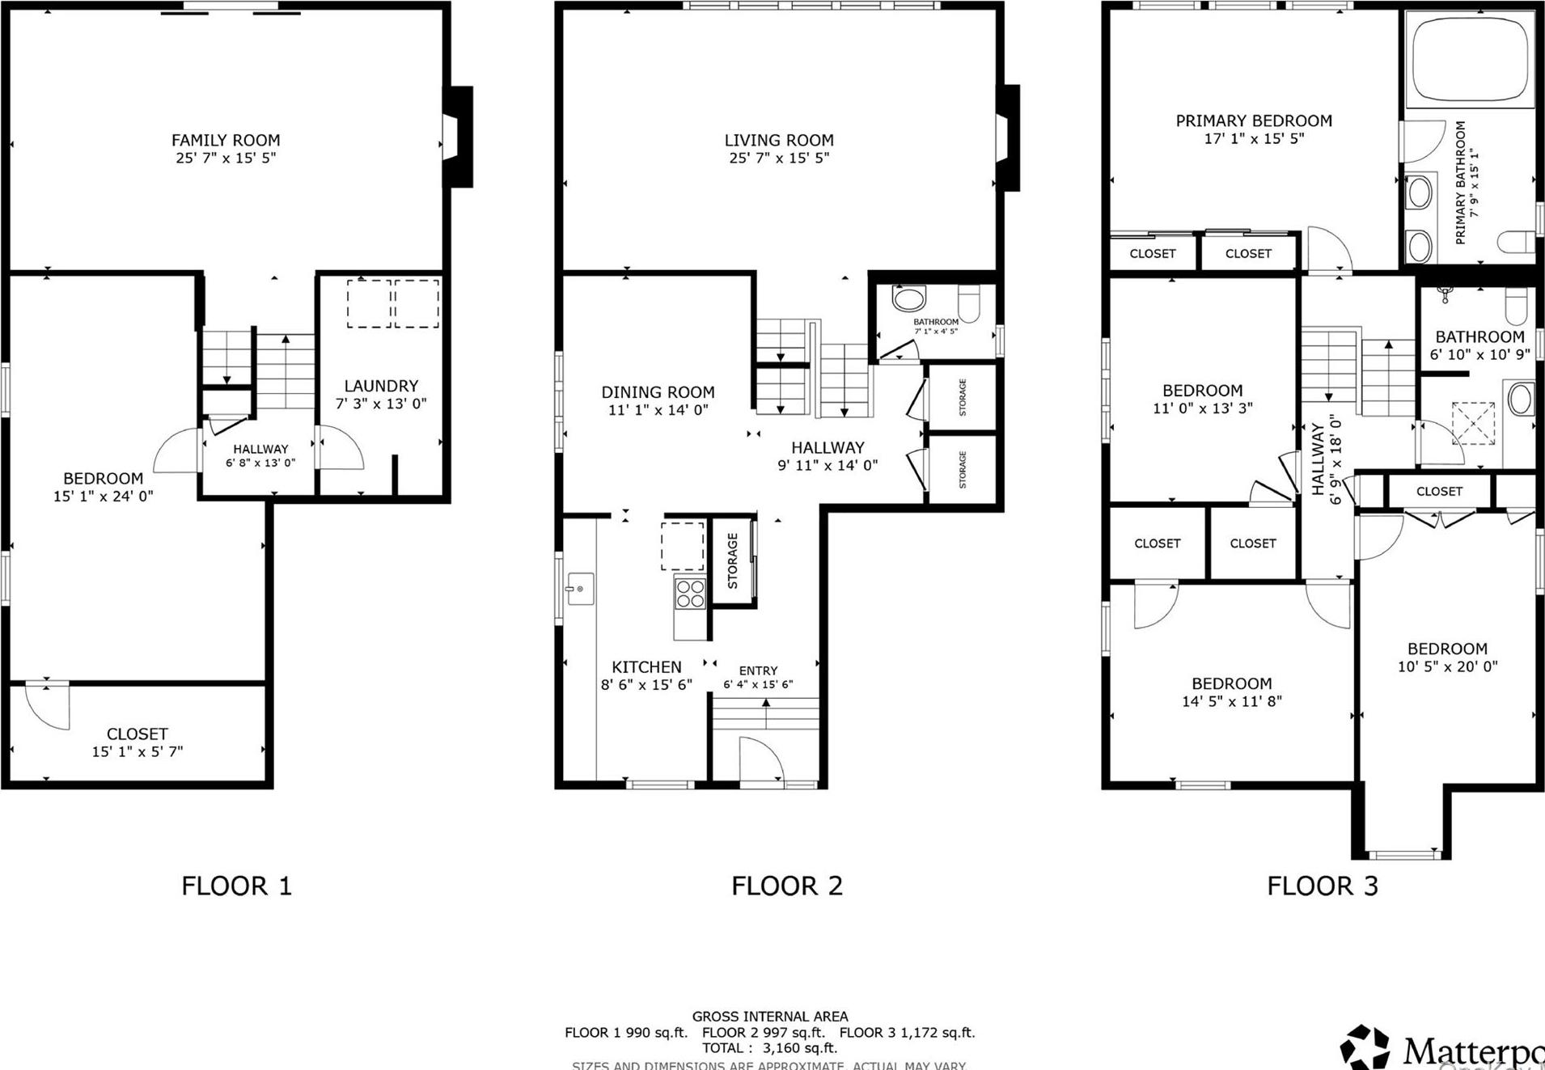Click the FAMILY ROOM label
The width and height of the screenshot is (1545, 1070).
click(x=226, y=140)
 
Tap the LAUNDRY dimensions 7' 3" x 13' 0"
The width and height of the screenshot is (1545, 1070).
click(x=381, y=404)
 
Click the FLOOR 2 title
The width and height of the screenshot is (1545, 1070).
click(x=786, y=886)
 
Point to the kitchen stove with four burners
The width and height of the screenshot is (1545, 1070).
click(x=691, y=594)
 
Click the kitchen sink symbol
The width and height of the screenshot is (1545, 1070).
click(x=580, y=589)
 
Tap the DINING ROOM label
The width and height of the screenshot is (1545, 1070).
click(x=658, y=392)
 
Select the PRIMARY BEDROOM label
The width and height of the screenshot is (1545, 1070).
click(x=1253, y=121)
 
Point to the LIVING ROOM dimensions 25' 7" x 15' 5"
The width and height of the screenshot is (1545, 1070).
click(x=779, y=159)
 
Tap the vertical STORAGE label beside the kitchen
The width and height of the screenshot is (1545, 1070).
click(x=733, y=560)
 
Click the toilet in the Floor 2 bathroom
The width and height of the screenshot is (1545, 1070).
click(x=968, y=304)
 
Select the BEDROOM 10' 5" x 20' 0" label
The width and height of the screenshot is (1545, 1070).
click(x=1447, y=649)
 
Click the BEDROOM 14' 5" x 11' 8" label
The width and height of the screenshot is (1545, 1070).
click(x=1231, y=683)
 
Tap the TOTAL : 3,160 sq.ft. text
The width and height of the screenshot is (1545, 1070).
click(x=769, y=1048)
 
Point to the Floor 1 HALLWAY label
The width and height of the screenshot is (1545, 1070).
click(x=260, y=449)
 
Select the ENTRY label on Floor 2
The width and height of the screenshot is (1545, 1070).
click(x=758, y=670)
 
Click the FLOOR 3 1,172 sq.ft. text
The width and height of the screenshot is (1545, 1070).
click(x=907, y=1033)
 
